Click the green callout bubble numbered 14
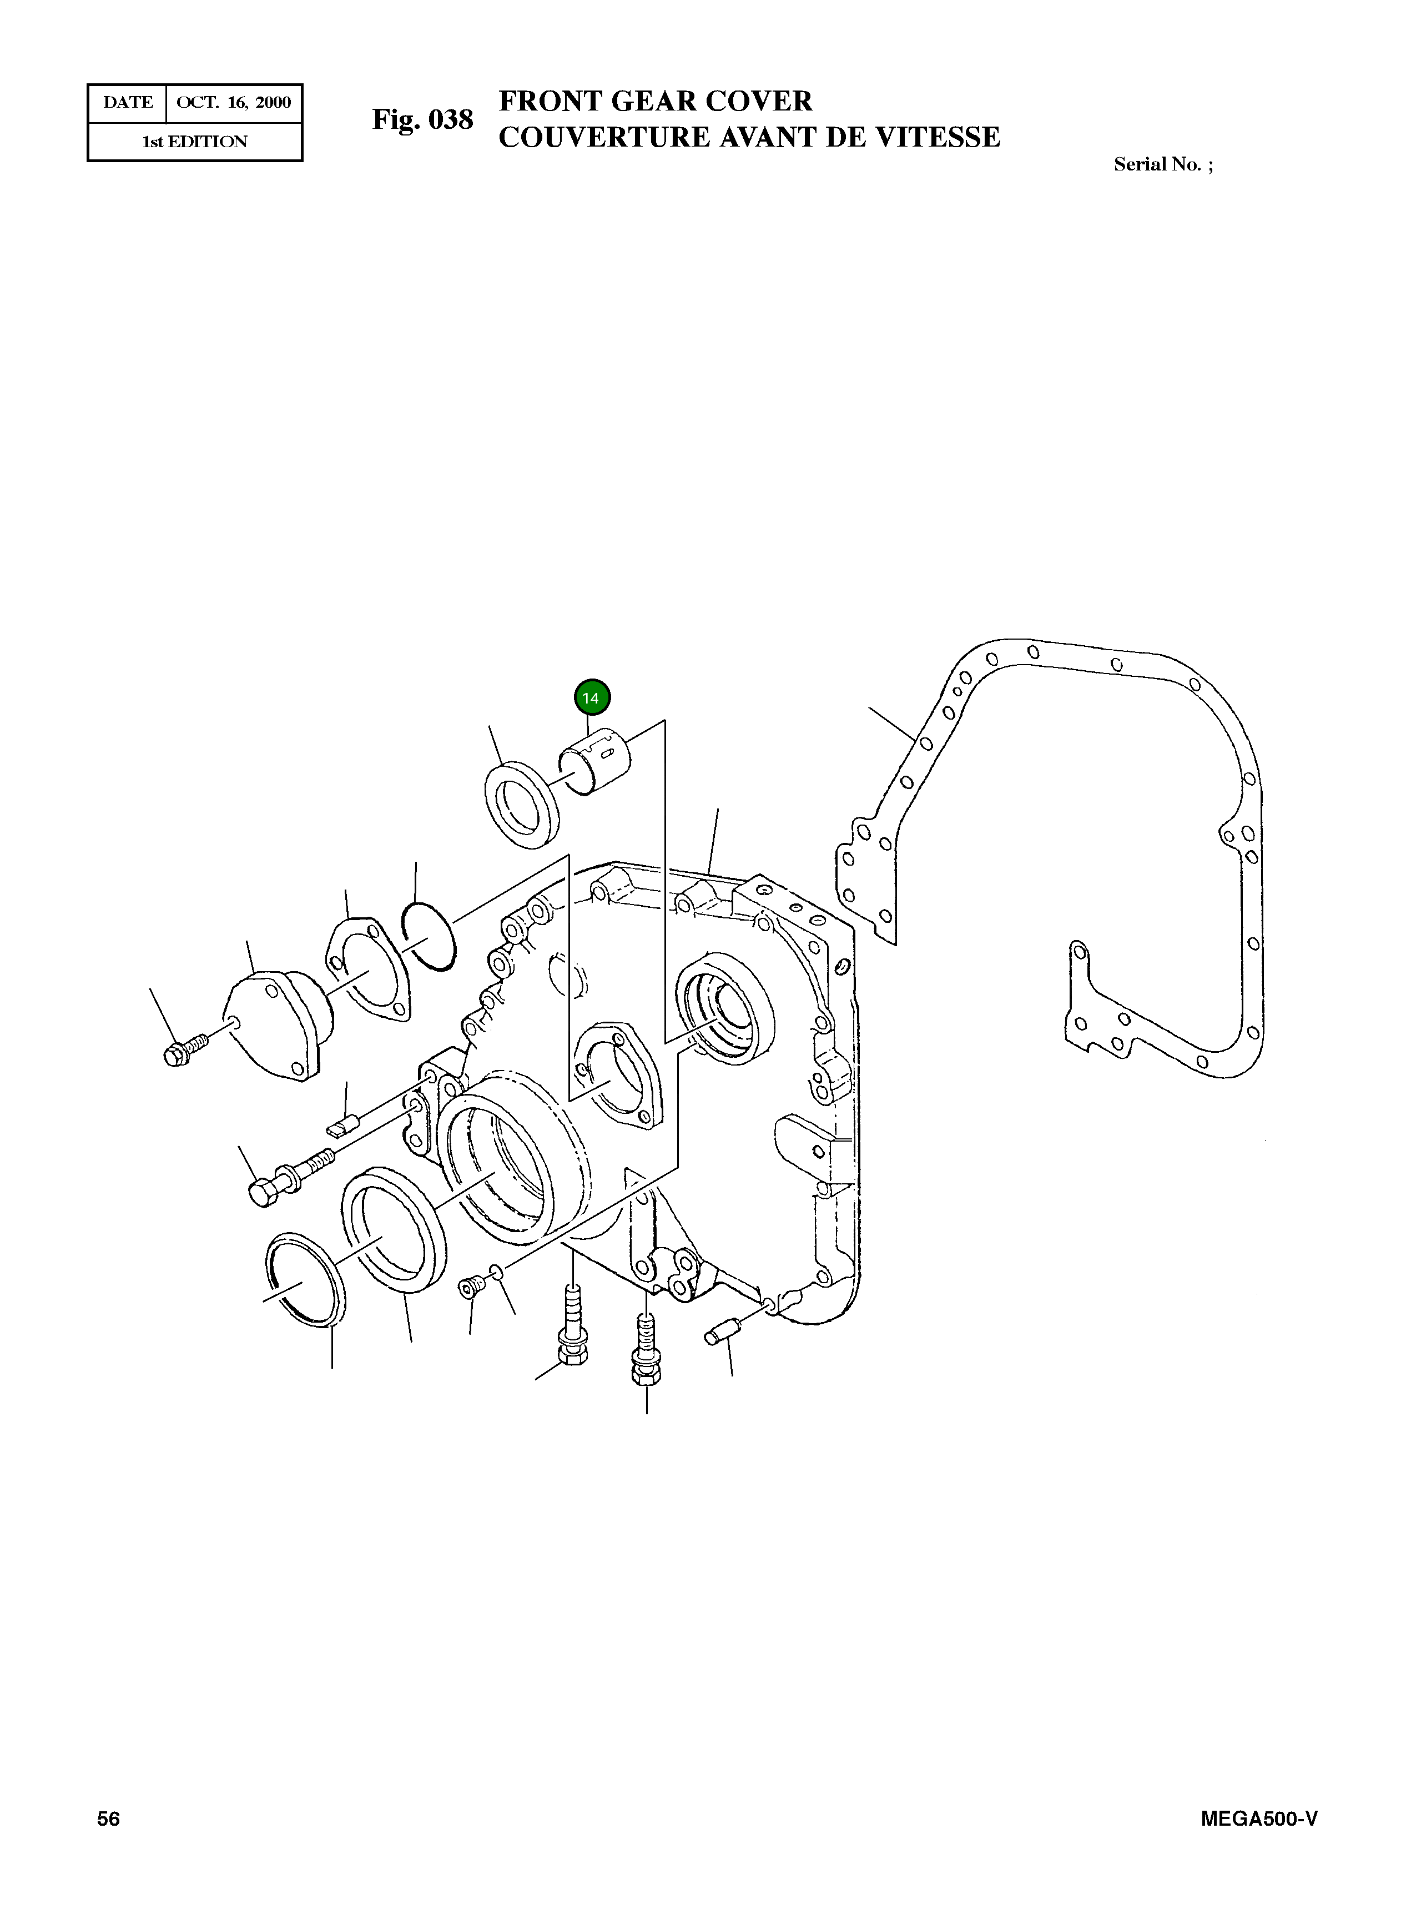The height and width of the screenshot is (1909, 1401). [592, 699]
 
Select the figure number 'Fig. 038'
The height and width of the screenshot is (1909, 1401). [422, 119]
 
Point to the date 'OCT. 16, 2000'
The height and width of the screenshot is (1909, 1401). [234, 103]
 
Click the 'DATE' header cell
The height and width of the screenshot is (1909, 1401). [128, 103]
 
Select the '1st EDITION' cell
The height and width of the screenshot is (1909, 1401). [195, 142]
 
